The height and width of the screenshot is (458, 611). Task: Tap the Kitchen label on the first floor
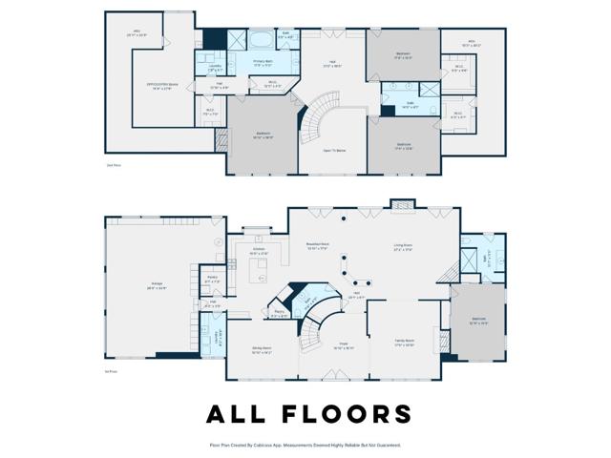[259, 252]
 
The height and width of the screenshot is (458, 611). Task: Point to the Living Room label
[403, 247]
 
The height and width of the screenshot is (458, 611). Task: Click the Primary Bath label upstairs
[263, 63]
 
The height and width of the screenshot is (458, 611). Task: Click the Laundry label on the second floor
[215, 68]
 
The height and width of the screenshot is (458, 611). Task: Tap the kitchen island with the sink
[258, 275]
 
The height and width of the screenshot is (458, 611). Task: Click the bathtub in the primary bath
[260, 42]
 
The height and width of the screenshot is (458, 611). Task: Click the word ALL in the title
[240, 414]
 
